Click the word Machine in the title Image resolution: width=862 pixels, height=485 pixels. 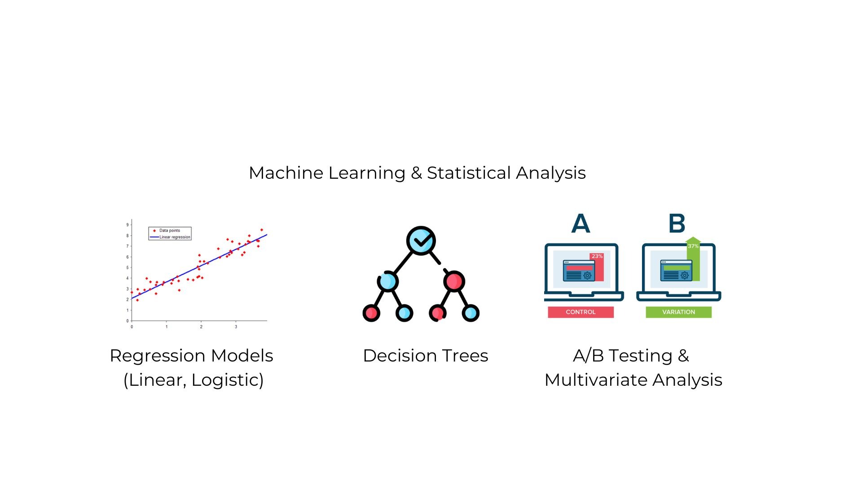click(x=285, y=173)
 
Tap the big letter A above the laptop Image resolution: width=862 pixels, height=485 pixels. click(x=581, y=223)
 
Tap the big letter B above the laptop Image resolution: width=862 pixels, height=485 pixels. click(x=677, y=223)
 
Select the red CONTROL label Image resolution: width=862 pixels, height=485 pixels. click(x=581, y=312)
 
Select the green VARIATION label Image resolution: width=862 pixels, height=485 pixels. click(x=678, y=312)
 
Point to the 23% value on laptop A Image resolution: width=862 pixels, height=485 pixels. click(x=597, y=256)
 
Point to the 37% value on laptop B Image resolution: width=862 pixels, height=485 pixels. click(x=693, y=246)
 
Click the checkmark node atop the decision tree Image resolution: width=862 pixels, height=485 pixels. click(x=421, y=241)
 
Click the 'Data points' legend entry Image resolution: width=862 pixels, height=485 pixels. click(x=169, y=230)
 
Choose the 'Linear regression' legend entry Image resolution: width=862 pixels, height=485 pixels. click(x=175, y=237)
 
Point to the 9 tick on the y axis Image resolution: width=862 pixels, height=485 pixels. click(x=128, y=225)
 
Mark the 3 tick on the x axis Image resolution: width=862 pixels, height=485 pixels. click(x=236, y=327)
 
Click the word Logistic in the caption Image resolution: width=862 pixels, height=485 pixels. click(x=227, y=380)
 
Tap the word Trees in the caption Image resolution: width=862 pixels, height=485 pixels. click(x=465, y=356)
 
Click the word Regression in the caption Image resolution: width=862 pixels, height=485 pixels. click(x=157, y=356)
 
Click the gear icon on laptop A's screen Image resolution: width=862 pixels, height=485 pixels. click(x=587, y=275)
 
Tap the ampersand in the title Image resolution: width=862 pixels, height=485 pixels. click(x=416, y=173)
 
